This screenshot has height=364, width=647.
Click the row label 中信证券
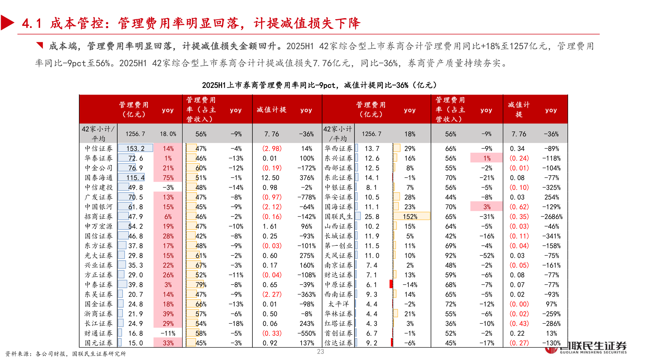click(x=98, y=149)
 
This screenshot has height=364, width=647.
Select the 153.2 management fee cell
click(x=135, y=149)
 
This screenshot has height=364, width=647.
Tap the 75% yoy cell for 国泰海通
click(x=168, y=178)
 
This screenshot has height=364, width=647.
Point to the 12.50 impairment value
click(x=270, y=178)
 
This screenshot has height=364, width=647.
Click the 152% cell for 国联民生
click(x=410, y=217)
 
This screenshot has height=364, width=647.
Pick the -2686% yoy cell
click(x=551, y=217)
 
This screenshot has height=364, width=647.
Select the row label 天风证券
click(x=338, y=256)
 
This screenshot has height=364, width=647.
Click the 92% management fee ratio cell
click(x=451, y=256)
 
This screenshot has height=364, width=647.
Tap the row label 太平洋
click(x=338, y=304)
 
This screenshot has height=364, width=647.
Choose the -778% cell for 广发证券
click(x=306, y=198)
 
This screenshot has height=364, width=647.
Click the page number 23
click(x=320, y=352)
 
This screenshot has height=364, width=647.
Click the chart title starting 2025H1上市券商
click(x=319, y=85)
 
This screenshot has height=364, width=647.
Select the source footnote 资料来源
click(x=66, y=354)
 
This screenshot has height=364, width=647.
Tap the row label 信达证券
click(x=338, y=343)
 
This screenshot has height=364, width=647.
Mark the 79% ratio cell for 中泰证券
click(x=201, y=285)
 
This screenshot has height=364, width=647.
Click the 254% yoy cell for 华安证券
click(x=551, y=198)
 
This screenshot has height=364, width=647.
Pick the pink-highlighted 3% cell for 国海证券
click(x=487, y=207)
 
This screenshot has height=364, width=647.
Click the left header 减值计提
click(x=271, y=110)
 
